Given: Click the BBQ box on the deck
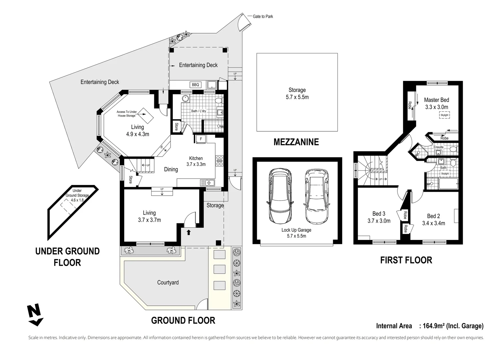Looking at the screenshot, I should (x=195, y=85).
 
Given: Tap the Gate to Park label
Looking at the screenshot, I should (x=262, y=16).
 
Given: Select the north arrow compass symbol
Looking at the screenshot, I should (x=35, y=315).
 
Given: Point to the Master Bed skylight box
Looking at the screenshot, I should (x=444, y=115).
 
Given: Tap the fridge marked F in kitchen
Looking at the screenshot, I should (x=201, y=139).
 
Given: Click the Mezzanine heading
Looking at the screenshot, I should (x=296, y=142).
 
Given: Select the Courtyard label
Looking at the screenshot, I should (x=168, y=282).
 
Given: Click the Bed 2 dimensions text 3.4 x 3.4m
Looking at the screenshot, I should (x=433, y=223).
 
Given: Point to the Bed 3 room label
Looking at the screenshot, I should (x=379, y=214).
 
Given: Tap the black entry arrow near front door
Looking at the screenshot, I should (x=189, y=232).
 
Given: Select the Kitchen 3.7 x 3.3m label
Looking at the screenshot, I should (x=196, y=161).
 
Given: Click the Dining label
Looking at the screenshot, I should (x=171, y=169).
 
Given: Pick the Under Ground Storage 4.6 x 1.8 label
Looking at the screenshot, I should (x=77, y=195).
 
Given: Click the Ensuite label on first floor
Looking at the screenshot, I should (x=438, y=147).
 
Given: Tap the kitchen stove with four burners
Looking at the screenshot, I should (x=220, y=161).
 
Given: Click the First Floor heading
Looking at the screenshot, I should (x=406, y=260).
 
